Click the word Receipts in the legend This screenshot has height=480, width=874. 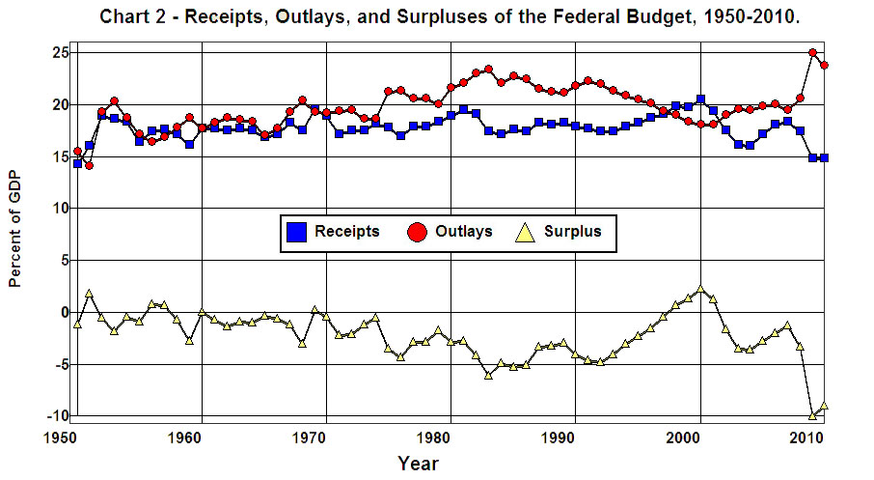coord(346,232)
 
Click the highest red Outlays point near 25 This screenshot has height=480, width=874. coord(812,53)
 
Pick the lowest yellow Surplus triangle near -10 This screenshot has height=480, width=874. coord(812,415)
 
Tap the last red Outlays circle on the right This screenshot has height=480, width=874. coord(825,66)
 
